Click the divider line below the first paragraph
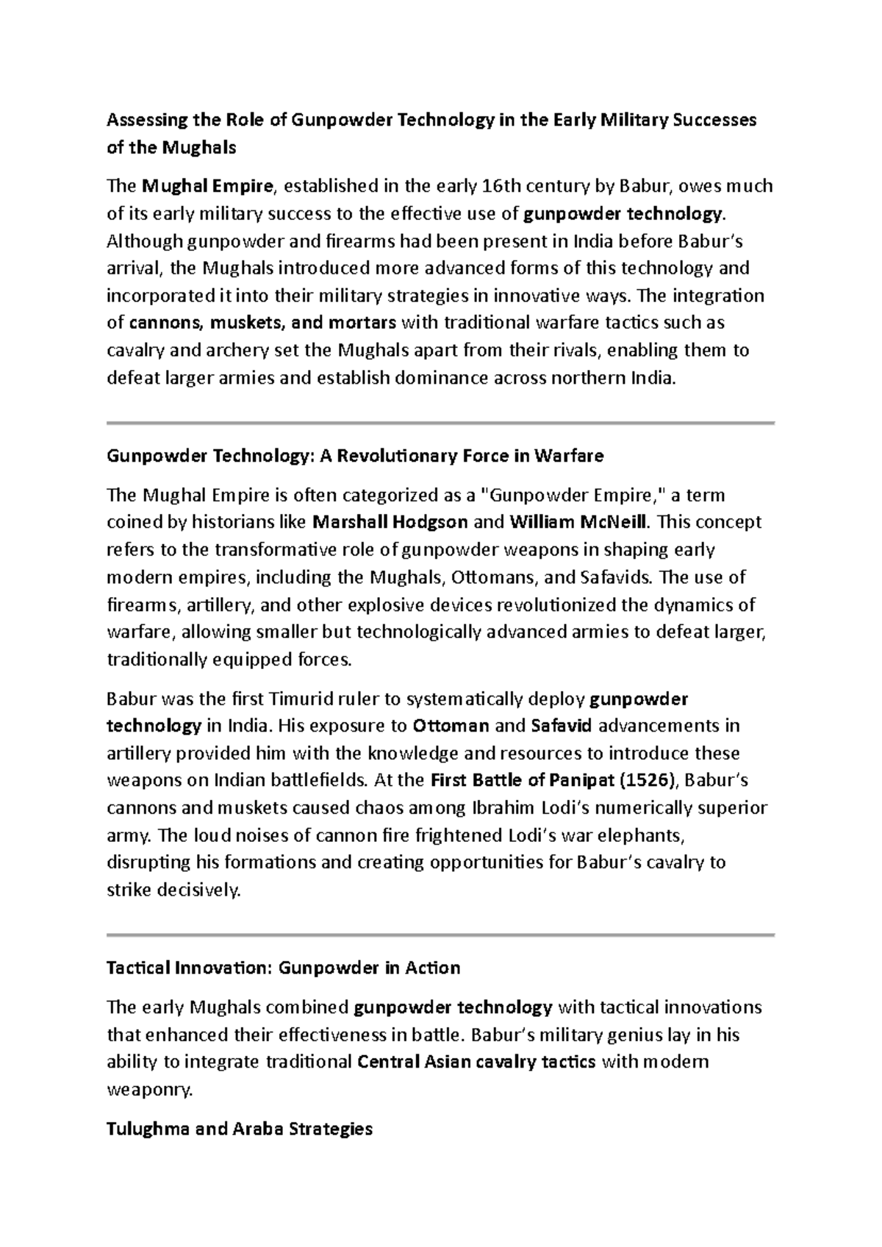[x=441, y=423]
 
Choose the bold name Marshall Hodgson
[x=390, y=522]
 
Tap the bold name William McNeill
[x=578, y=522]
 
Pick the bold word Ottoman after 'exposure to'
[x=451, y=726]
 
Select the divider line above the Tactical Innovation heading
[x=441, y=935]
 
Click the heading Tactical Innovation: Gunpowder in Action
[x=284, y=968]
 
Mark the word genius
[x=634, y=1035]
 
